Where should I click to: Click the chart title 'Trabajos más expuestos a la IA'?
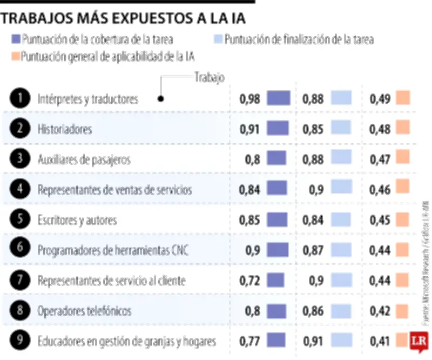tap(124, 18)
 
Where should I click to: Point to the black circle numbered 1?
tap(19, 98)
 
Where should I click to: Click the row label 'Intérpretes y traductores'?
tap(88, 99)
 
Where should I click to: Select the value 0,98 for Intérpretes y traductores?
tap(249, 99)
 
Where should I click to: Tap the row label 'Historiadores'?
tap(65, 129)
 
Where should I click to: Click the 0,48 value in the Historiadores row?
tap(380, 129)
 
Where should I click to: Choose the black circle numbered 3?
tap(19, 159)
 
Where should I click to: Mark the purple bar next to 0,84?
tap(277, 189)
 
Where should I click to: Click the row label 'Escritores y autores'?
tap(77, 221)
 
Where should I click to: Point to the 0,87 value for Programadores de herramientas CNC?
tap(313, 251)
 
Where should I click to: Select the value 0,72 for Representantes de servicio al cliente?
tap(249, 281)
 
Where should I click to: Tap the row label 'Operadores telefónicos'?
tap(85, 311)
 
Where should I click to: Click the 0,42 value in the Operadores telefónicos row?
tap(380, 311)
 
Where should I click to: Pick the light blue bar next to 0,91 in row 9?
tap(341, 341)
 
